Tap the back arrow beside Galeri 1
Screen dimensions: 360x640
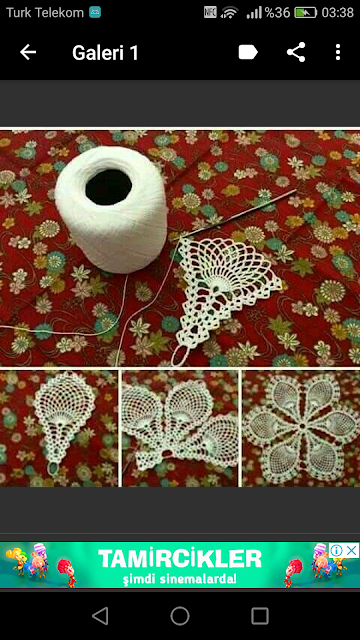(28, 52)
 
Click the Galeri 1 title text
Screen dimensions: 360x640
(105, 53)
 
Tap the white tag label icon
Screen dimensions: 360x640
(248, 52)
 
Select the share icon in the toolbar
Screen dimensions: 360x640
(296, 52)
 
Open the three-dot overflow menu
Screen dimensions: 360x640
(338, 52)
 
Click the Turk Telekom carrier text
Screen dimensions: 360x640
(44, 13)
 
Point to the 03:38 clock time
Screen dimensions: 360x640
(338, 13)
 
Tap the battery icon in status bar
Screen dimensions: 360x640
(306, 13)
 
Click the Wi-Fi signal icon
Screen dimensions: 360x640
(229, 13)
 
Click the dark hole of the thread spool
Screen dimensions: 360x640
(109, 187)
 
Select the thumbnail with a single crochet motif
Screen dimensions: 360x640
(59, 429)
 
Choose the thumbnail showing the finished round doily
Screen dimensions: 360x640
(301, 429)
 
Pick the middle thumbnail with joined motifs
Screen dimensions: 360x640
(180, 429)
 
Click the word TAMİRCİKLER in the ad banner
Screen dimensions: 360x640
(180, 559)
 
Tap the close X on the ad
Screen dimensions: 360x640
(351, 550)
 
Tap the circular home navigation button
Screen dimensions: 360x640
(180, 616)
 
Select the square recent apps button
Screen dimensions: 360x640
(260, 616)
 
